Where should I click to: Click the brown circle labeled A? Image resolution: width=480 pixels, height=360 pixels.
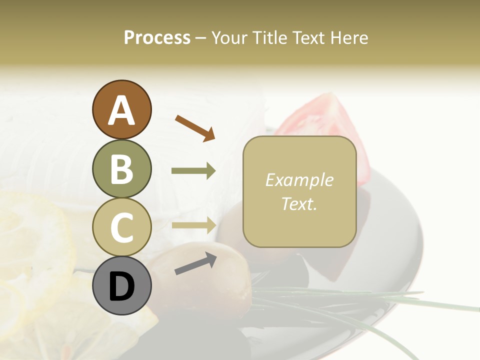[x=121, y=110]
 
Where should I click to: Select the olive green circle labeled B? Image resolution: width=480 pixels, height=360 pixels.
[x=121, y=169]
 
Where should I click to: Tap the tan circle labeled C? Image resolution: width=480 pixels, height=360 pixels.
[x=121, y=227]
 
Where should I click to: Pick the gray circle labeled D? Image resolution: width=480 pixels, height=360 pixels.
[x=121, y=286]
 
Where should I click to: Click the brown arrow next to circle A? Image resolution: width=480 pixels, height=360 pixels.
[x=195, y=128]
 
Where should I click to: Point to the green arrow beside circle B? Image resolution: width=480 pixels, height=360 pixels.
[x=193, y=171]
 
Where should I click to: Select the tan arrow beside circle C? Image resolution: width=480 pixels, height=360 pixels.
[x=193, y=225]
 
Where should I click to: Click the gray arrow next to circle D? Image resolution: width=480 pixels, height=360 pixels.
[x=195, y=263]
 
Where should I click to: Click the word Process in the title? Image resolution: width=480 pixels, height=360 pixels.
[x=157, y=37]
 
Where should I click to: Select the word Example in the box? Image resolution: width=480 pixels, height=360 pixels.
[x=299, y=180]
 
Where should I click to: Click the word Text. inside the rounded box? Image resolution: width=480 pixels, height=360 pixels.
[x=299, y=203]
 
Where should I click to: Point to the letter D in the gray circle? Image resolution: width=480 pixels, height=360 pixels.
[x=121, y=286]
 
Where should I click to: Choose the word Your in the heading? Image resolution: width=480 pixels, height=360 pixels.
[x=229, y=37]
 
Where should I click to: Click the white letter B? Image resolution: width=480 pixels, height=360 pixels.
[x=121, y=169]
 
